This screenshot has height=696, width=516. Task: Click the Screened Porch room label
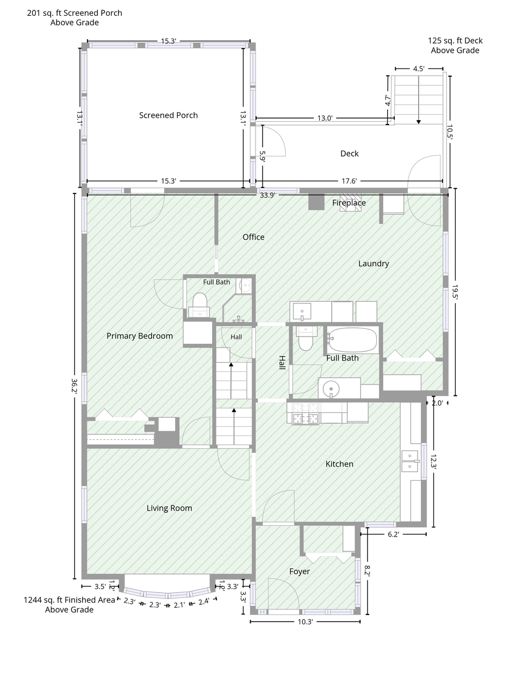click(168, 115)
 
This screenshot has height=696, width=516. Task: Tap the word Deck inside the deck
click(349, 153)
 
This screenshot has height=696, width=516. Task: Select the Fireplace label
click(349, 203)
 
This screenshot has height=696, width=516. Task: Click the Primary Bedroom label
click(140, 335)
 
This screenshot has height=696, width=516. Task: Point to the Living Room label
click(169, 508)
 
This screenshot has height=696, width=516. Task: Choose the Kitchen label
click(339, 464)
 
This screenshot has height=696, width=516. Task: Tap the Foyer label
click(300, 571)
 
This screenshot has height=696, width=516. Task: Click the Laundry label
click(374, 263)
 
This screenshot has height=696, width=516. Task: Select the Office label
click(253, 237)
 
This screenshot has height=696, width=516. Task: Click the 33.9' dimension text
click(268, 195)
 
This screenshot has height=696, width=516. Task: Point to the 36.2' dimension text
click(74, 386)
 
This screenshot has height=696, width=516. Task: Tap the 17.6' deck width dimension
click(349, 181)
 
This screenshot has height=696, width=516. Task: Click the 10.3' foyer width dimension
click(305, 622)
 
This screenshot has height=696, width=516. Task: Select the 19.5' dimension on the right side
click(455, 292)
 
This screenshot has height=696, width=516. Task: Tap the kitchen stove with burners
click(306, 414)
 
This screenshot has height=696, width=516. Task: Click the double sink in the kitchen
click(411, 461)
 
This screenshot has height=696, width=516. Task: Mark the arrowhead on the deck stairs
click(418, 122)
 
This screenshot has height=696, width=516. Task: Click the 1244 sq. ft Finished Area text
click(70, 600)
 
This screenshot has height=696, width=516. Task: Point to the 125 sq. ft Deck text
click(455, 40)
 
